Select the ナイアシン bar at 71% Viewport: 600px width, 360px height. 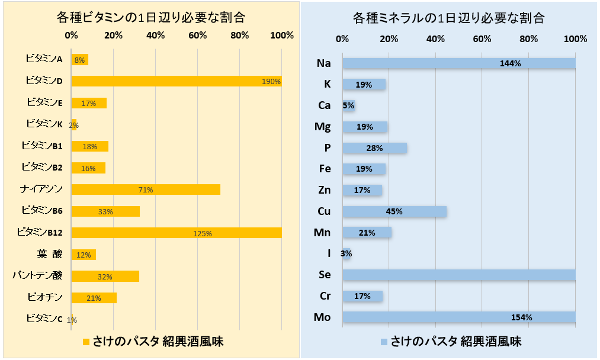tap(146, 189)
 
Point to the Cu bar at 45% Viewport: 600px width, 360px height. tap(394, 211)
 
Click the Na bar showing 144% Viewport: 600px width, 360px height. tap(459, 63)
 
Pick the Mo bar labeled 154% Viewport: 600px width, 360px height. tap(459, 317)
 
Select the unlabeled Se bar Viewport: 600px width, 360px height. tap(459, 275)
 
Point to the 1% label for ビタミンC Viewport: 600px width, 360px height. tap(72, 320)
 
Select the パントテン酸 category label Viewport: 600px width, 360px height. tap(37, 275)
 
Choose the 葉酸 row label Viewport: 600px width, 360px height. tap(49, 254)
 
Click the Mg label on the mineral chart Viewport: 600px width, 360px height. tap(323, 126)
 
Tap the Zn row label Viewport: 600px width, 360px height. tap(324, 190)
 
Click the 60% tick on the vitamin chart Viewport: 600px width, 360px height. tap(198, 35)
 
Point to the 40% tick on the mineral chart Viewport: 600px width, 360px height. tap(435, 39)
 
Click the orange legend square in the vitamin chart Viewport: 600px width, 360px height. tap(85, 342)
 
